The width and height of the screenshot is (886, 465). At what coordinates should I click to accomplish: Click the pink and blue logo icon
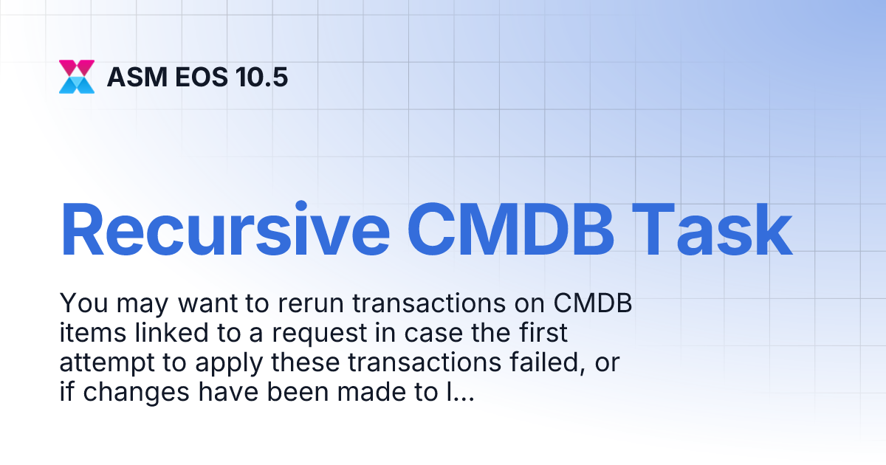[77, 76]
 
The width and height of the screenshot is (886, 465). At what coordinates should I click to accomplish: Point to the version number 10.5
[261, 77]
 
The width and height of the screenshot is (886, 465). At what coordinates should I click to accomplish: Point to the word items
[86, 334]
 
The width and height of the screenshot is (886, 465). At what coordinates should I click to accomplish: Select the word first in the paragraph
[540, 334]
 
